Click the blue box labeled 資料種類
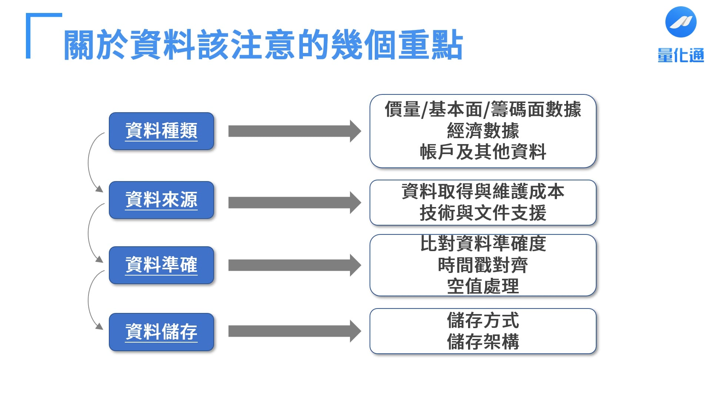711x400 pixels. tap(161, 131)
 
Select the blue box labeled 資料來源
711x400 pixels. tap(161, 200)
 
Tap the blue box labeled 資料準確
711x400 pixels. tap(161, 265)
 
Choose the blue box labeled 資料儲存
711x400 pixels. tap(161, 332)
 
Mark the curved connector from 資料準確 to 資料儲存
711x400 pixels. tap(89, 300)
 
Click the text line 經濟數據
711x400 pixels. tap(483, 131)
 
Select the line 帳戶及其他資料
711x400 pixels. tap(483, 152)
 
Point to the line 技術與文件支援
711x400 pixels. tap(483, 213)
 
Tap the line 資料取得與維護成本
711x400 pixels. tap(483, 192)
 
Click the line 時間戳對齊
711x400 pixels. tap(483, 265)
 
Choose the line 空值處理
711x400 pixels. tap(483, 286)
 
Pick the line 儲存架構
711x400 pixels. tap(483, 341)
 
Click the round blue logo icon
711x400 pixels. tap(681, 22)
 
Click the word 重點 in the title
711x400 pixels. tap(430, 45)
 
